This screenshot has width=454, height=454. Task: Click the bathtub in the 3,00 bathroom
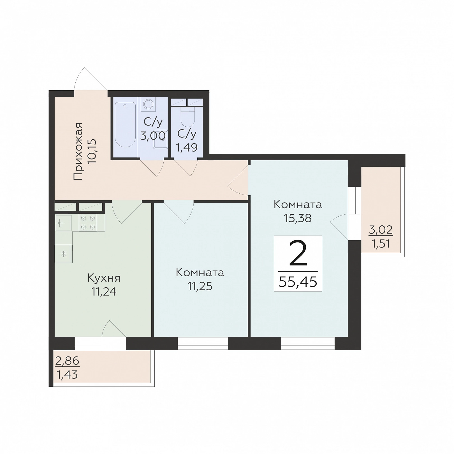(x=125, y=124)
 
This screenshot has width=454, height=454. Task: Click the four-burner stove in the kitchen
(x=88, y=223)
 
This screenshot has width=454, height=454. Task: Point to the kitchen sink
(x=63, y=223)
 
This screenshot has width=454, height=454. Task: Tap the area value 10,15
(x=92, y=151)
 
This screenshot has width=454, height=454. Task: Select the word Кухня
(x=104, y=278)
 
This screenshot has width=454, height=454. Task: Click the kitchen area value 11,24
(x=104, y=292)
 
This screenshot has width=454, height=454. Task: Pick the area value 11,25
(x=200, y=286)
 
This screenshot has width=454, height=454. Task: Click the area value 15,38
(x=298, y=218)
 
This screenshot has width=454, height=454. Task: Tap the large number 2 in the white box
(x=298, y=253)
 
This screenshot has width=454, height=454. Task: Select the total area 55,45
(x=298, y=282)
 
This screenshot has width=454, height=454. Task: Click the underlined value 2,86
(x=67, y=361)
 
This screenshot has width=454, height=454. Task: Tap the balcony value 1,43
(x=67, y=374)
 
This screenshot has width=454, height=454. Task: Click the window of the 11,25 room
(x=203, y=343)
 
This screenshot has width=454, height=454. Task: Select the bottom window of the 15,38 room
(x=308, y=343)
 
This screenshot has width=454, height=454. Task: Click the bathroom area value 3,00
(x=153, y=136)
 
